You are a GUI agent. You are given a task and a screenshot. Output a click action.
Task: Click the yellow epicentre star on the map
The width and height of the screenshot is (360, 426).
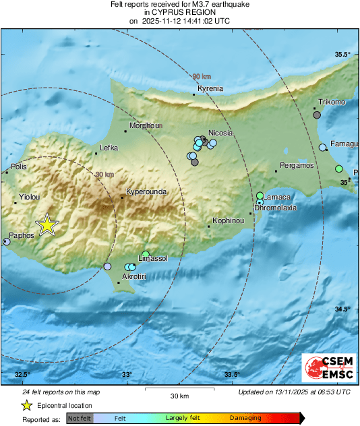(47, 225)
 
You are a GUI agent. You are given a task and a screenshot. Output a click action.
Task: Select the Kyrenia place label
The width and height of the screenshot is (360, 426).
(210, 88)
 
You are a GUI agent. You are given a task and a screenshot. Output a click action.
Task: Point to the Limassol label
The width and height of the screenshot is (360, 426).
(152, 258)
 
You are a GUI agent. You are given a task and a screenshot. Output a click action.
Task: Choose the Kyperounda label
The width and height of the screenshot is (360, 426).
(145, 191)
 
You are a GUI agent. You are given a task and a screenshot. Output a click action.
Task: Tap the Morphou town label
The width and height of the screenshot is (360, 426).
(146, 125)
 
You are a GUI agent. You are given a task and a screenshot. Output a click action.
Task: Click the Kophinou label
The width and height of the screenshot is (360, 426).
(227, 220)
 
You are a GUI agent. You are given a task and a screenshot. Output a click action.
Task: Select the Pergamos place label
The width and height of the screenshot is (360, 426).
(297, 165)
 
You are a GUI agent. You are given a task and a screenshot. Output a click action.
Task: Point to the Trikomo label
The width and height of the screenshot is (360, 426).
(332, 102)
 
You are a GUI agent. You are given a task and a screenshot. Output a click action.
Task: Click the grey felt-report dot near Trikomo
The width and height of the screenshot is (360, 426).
(317, 115)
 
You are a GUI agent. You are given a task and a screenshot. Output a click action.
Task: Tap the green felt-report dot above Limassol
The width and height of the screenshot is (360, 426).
(146, 254)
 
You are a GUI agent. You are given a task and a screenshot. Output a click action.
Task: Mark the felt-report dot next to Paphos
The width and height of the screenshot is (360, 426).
(7, 241)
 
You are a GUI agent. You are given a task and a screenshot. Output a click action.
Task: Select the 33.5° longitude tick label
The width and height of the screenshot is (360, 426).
(232, 375)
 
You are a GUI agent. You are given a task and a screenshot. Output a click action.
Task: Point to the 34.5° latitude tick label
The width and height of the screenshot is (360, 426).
(343, 309)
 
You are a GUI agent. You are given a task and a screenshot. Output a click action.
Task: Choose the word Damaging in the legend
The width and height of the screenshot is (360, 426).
(247, 418)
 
